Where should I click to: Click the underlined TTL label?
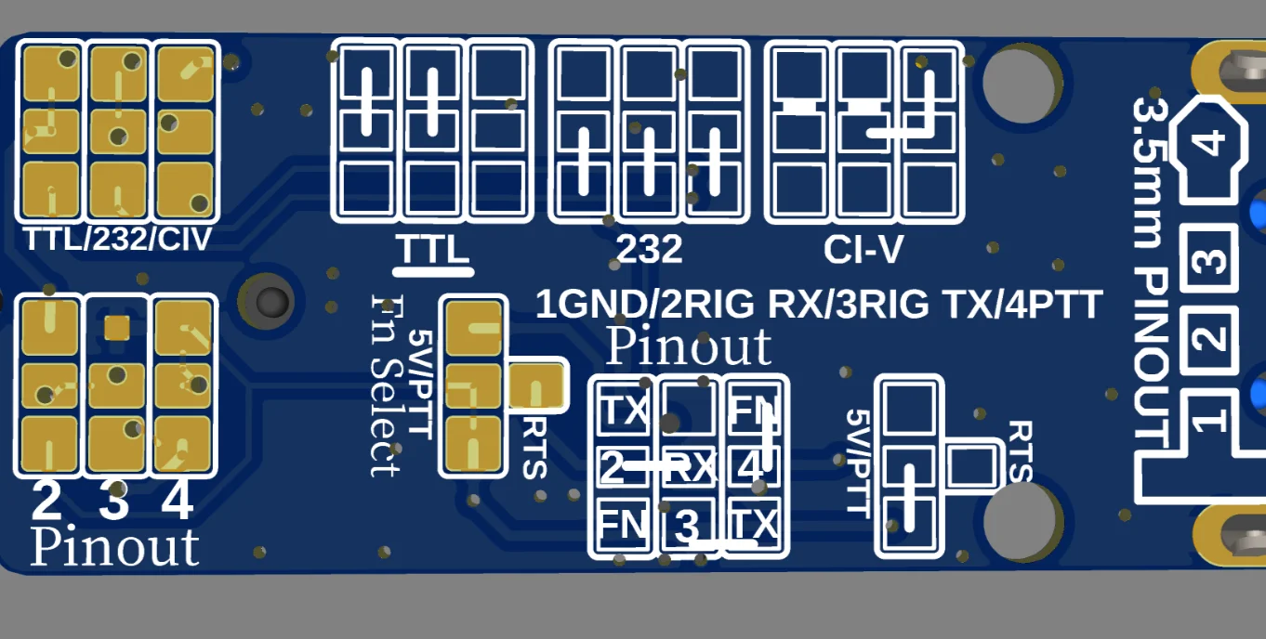432,249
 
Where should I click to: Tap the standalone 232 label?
650,249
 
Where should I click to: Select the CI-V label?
863,249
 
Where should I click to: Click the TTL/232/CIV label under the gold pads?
118,240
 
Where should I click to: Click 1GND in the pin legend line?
580,305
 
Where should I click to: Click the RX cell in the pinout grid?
690,468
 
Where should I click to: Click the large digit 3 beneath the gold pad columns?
113,502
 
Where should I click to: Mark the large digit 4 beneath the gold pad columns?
178,502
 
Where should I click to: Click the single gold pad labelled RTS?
537,385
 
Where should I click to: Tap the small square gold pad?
116,327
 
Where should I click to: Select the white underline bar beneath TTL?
434,273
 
